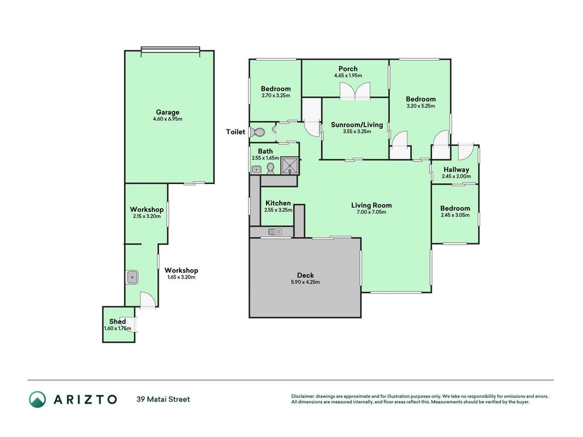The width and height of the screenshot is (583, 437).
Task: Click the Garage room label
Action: (167, 112)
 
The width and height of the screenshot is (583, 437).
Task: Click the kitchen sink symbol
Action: (275, 232)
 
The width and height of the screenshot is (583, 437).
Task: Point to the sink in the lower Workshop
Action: (132, 277)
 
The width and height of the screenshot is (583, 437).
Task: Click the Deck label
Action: (305, 275)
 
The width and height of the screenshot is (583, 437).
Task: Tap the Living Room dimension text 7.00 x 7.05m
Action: (371, 212)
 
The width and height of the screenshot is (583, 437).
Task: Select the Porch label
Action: (348, 69)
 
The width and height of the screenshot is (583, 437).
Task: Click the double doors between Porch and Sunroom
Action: (355, 91)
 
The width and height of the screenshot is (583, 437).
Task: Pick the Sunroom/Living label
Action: (357, 125)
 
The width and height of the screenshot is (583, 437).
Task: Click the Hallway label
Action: (456, 169)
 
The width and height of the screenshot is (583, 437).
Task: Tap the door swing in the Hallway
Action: (465, 151)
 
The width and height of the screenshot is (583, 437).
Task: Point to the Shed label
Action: (117, 321)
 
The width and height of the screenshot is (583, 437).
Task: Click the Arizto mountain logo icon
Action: (38, 399)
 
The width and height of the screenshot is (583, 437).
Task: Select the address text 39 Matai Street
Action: (163, 399)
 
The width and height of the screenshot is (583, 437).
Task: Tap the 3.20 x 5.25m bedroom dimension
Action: (421, 106)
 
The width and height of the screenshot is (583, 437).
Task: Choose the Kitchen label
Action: (278, 203)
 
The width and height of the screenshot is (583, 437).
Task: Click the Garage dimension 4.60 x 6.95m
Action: (168, 119)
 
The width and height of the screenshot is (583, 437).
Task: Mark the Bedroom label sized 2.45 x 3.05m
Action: (455, 208)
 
